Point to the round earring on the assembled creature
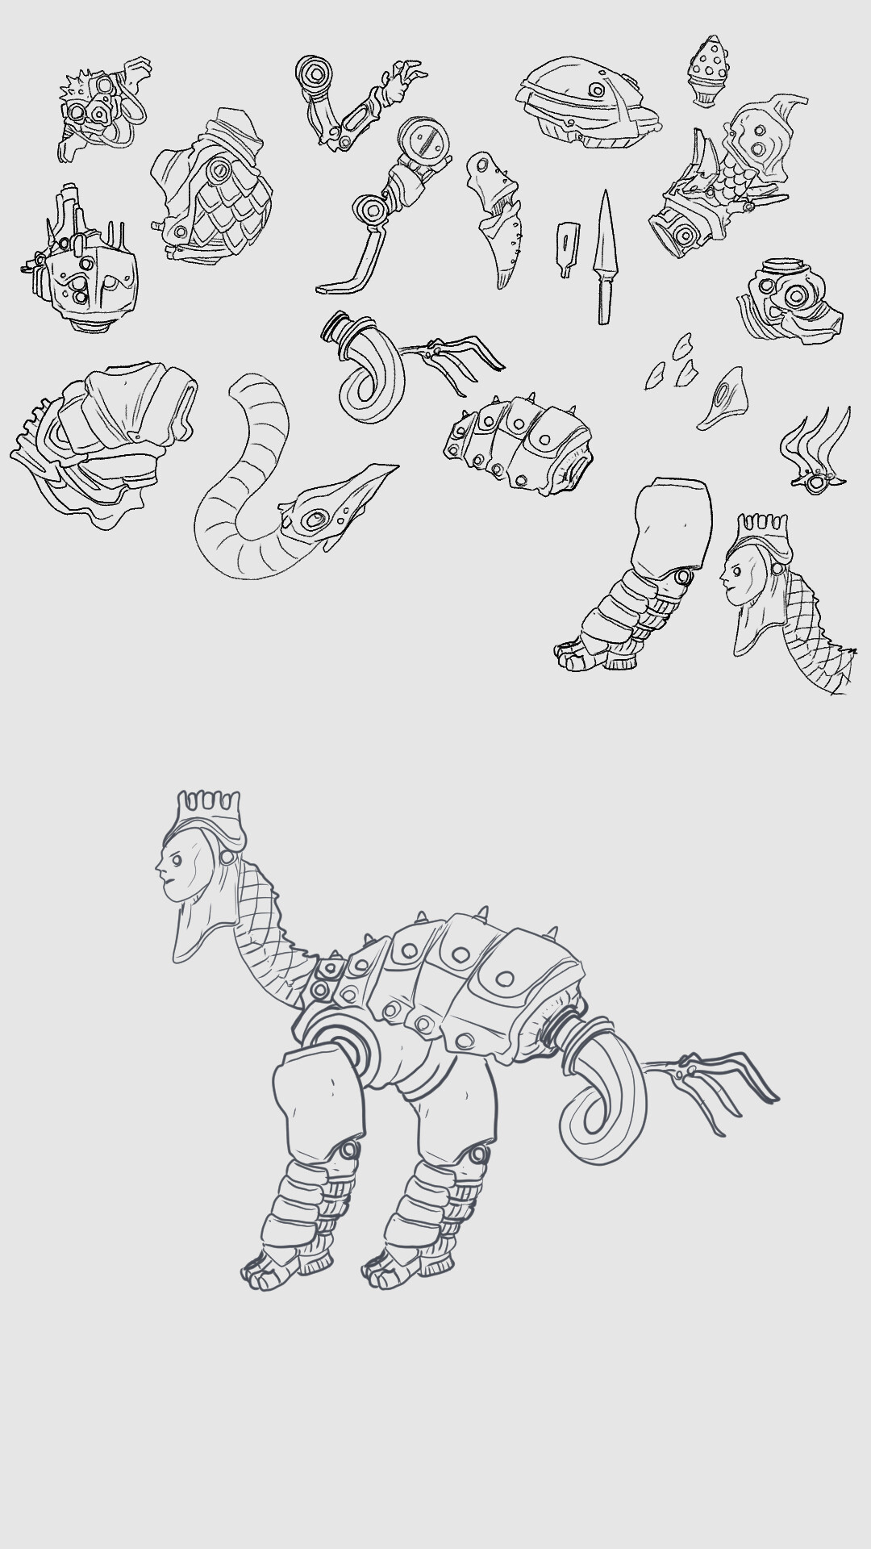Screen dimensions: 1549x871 [228, 857]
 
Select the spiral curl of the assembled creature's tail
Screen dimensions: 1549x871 [601, 1105]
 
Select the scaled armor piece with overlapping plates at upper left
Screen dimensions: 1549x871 [214, 190]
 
